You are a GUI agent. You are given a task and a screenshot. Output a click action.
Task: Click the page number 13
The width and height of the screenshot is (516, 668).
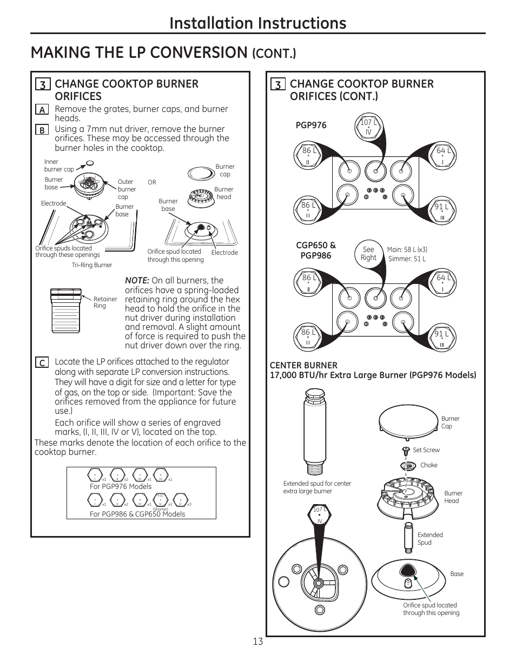(257, 641)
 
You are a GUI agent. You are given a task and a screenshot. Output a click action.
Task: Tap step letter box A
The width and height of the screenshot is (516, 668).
(42, 110)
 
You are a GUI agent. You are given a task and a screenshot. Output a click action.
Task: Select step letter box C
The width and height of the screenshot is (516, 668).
(42, 363)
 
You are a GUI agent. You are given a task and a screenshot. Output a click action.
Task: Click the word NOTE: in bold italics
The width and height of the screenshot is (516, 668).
(137, 280)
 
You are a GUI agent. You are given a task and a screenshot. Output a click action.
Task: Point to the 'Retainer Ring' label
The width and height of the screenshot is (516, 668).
(105, 302)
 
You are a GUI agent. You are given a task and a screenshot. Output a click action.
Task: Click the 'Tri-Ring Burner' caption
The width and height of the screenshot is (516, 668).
(92, 265)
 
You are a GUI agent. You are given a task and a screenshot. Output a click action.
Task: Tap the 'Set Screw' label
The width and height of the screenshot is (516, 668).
(426, 450)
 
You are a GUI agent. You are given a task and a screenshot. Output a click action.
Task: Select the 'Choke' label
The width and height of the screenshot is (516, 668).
(428, 465)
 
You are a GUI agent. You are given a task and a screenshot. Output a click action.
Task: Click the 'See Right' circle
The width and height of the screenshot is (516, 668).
(368, 254)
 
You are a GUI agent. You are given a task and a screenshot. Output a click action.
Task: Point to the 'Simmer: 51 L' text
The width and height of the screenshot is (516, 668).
(407, 259)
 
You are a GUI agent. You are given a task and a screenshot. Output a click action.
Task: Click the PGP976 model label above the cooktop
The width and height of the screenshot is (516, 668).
(311, 125)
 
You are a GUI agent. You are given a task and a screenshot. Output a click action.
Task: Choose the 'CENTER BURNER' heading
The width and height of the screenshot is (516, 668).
(303, 365)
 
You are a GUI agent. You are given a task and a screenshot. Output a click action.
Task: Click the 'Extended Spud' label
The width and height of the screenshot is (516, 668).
(430, 539)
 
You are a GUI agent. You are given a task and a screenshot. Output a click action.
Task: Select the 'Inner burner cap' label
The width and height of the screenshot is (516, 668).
(58, 166)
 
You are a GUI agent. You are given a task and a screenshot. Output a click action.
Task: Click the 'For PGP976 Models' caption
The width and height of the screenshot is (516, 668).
(121, 486)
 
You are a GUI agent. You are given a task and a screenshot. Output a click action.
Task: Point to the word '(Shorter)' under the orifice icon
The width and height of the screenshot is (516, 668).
(161, 509)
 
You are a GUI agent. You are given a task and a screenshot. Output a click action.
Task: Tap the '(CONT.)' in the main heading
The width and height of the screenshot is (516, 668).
(274, 54)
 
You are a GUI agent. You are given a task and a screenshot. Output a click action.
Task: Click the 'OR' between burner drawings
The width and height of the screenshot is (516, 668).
(152, 182)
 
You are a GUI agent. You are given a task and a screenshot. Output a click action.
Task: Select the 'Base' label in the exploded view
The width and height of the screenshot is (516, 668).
(457, 574)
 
